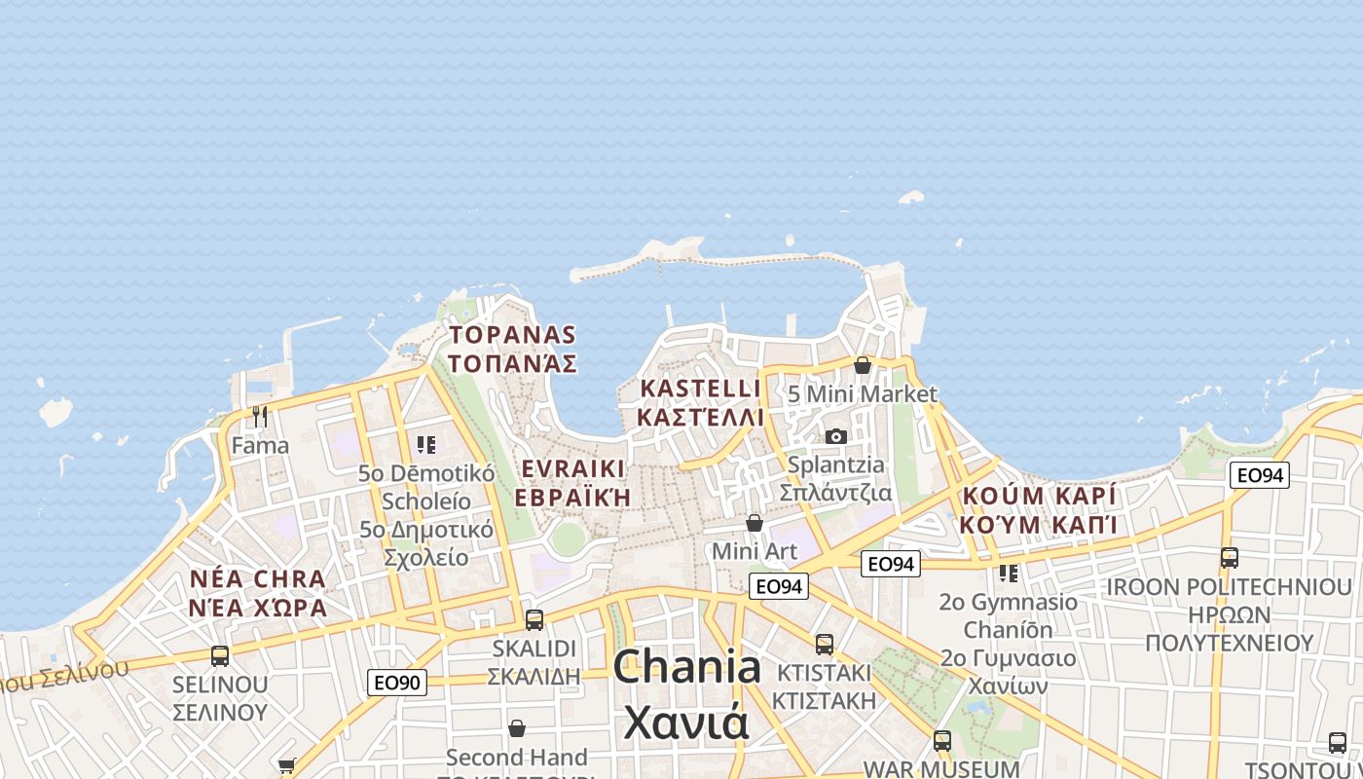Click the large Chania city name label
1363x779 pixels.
687,668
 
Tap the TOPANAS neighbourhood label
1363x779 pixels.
513,335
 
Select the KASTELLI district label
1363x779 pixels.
699,389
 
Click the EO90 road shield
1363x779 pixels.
398,683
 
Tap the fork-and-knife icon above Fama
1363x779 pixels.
260,417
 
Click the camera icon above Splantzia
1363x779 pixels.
835,436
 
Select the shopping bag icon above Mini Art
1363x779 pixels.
755,524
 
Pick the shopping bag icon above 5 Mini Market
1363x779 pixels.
863,365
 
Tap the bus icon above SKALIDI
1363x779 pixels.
534,619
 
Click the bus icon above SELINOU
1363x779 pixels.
220,656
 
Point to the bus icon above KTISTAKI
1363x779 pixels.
825,644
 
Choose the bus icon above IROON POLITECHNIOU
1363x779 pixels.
1230,558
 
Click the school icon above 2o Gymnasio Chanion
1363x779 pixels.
1008,573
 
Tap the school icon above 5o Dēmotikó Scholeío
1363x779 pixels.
425,445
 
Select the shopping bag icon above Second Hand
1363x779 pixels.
517,728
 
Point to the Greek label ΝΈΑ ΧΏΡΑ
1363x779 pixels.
257,609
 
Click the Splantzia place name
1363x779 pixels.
836,464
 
